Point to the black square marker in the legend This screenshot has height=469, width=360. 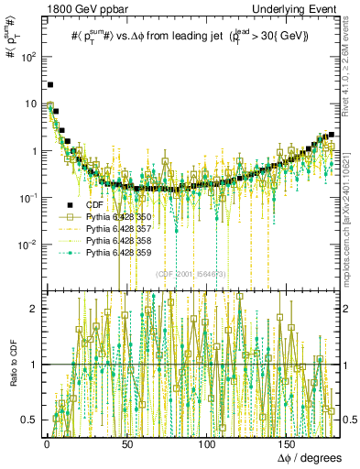[x=71, y=205]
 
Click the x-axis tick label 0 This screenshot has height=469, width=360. [x=47, y=443]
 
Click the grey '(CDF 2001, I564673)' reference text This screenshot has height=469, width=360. [x=191, y=274]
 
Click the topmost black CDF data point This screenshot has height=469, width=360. [x=50, y=85]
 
